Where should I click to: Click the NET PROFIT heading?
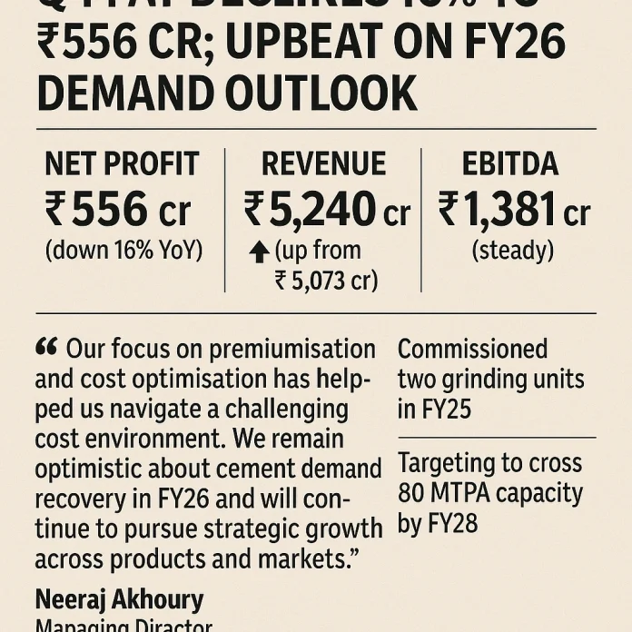(122, 164)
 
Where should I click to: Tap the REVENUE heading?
(323, 164)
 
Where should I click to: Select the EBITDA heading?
(511, 164)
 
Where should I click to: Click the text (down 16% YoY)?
(123, 250)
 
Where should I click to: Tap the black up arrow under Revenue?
(260, 253)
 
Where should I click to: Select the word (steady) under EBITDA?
(512, 250)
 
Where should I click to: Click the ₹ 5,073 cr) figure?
(326, 280)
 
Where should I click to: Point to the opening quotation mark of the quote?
(46, 347)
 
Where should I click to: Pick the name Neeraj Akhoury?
(119, 599)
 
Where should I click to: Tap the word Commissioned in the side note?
(472, 350)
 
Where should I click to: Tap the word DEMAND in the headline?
(130, 93)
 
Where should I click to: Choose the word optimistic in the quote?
(97, 469)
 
